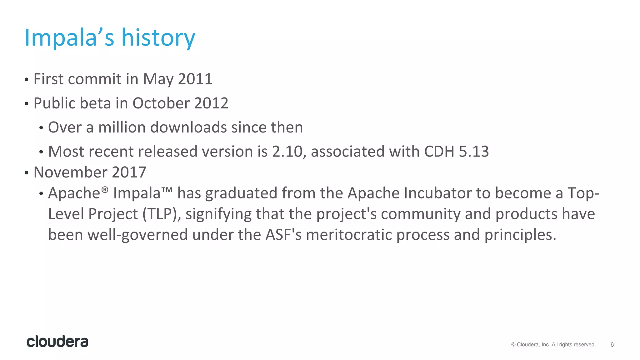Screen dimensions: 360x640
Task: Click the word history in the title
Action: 158,37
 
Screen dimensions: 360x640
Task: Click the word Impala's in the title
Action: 69,37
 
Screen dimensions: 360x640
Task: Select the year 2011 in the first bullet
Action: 195,79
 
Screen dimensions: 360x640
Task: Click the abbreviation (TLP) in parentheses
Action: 162,214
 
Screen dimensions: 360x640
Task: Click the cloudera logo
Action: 57,342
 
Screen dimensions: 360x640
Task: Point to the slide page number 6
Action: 612,344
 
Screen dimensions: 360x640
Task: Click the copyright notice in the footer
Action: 553,344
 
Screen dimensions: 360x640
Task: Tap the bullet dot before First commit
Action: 27,79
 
